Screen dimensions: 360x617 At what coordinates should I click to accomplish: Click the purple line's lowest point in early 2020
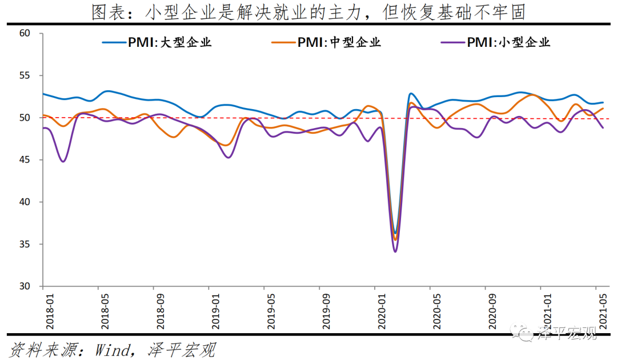pyautogui.click(x=395, y=251)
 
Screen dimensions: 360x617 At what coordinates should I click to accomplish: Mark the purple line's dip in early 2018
pyautogui.click(x=63, y=161)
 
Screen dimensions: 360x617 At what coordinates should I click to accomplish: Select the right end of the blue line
pyautogui.click(x=603, y=102)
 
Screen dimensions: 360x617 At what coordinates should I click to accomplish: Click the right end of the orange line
pyautogui.click(x=603, y=109)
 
